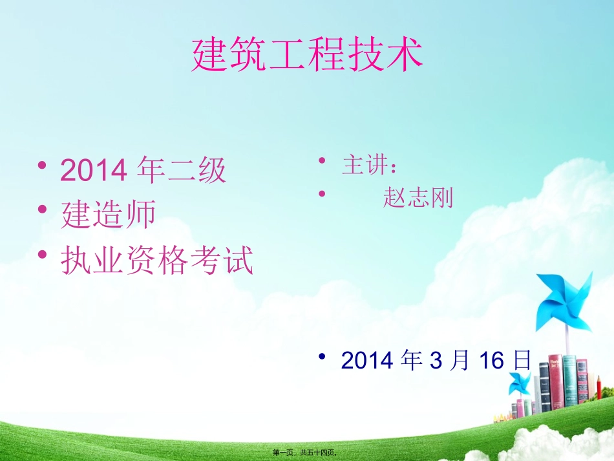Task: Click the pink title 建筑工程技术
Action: tap(307, 54)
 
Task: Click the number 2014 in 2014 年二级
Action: tap(92, 171)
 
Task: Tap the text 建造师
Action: tap(108, 215)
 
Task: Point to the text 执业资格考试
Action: tap(156, 261)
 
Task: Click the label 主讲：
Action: tap(370, 166)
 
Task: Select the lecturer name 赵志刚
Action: tap(418, 197)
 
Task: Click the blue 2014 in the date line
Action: tap(366, 360)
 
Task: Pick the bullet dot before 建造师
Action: tap(42, 209)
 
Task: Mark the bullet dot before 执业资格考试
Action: tap(42, 255)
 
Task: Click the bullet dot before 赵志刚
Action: tap(322, 193)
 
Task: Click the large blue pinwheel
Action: tap(563, 301)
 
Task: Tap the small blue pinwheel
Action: tap(518, 383)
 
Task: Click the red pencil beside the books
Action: tap(598, 390)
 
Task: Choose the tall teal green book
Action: tap(569, 381)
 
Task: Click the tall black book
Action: tap(544, 387)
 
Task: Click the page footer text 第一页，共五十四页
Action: tap(307, 454)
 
